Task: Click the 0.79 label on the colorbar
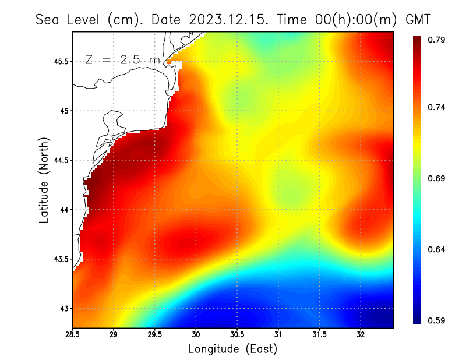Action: (437, 40)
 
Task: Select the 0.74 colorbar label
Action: (437, 107)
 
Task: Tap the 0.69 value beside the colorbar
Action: (437, 178)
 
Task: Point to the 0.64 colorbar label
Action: (437, 249)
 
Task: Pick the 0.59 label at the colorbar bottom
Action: (437, 320)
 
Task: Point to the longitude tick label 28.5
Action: (73, 334)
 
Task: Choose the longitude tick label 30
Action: (196, 334)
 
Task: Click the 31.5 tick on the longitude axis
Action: (320, 334)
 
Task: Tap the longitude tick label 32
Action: (361, 334)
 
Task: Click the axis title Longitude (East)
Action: (232, 349)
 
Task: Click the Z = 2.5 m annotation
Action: (122, 59)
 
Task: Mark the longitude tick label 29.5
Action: (155, 334)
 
